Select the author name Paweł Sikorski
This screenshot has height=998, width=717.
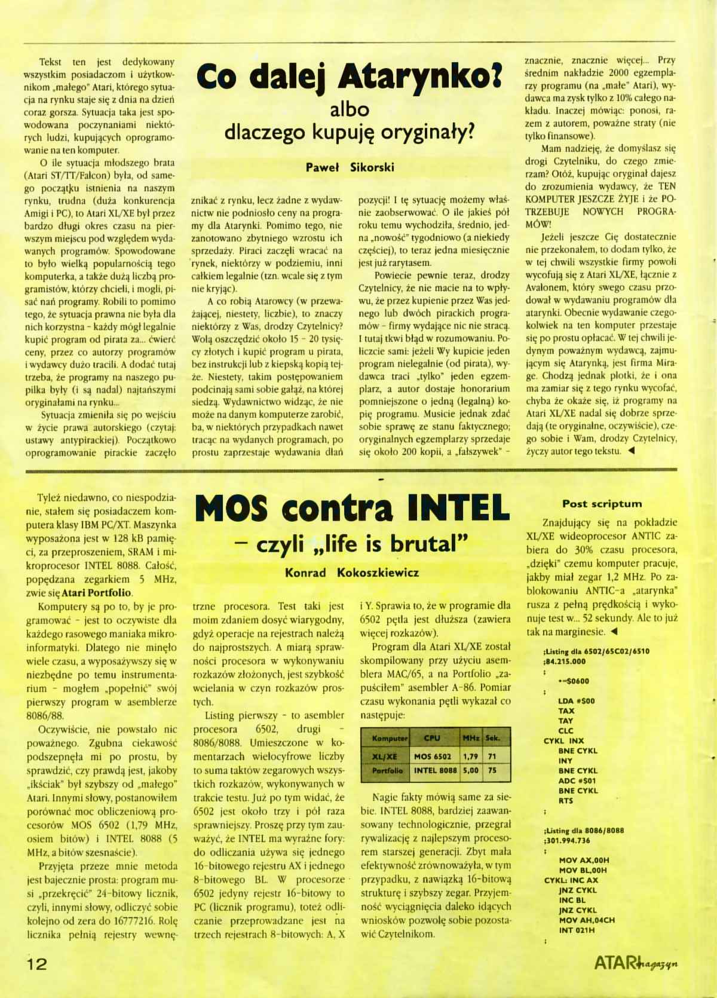tap(350, 167)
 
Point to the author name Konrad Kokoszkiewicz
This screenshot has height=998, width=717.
tap(352, 573)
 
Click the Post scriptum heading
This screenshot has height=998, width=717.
tap(602, 504)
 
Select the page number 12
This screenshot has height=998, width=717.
tap(36, 963)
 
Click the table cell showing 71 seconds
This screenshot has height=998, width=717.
tap(492, 756)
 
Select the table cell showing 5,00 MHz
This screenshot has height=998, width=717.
tap(470, 770)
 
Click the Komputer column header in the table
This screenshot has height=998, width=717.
tap(390, 738)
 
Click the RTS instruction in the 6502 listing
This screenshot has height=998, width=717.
tap(565, 801)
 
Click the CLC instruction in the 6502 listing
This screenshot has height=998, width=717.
tap(565, 730)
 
